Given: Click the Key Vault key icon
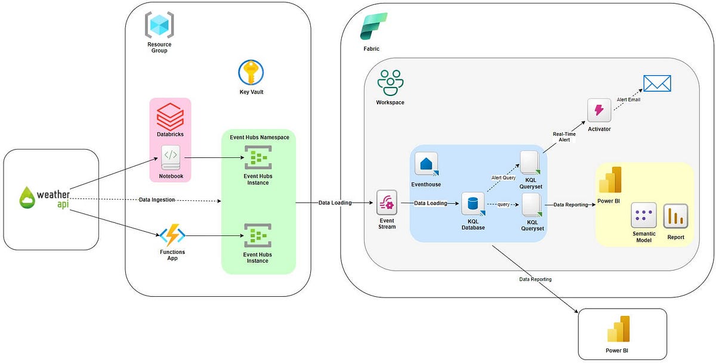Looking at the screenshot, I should (x=251, y=73).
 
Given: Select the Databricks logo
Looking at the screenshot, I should (x=169, y=117).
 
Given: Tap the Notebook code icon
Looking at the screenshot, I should (x=170, y=156).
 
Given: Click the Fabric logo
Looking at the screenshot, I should (x=374, y=27).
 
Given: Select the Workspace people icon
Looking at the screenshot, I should (x=390, y=82).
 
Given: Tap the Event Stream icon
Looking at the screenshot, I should (x=387, y=203).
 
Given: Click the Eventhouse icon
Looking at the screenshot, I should (x=427, y=164).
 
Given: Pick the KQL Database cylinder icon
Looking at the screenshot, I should (x=473, y=204).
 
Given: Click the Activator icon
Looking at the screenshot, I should (x=598, y=111).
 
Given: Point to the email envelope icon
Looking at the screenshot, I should (x=657, y=83).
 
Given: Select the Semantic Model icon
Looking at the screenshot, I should (x=644, y=215).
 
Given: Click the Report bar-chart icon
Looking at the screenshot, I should (x=675, y=216).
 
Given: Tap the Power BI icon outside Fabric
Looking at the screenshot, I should (x=618, y=330).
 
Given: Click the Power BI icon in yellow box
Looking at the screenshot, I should (x=609, y=180).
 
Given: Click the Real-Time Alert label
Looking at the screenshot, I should (x=564, y=136).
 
